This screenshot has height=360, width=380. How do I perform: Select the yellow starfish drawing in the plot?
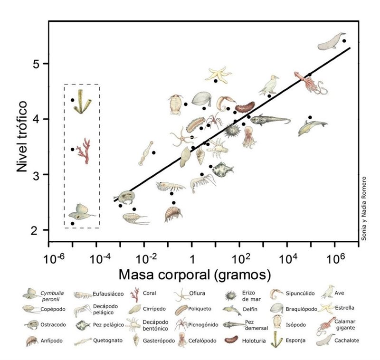click(219, 74)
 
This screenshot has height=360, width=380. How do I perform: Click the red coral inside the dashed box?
click(85, 151)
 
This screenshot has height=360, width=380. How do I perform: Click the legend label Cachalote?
click(346, 341)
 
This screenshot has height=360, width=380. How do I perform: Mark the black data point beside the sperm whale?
click(344, 41)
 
